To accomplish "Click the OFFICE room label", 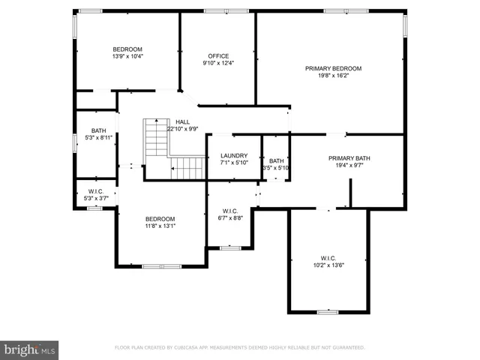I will click(x=218, y=56).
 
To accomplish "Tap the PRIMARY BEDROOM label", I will click(x=333, y=68).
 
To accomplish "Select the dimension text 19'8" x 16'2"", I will click(x=333, y=76).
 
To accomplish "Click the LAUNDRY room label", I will click(x=233, y=156).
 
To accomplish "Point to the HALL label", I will click(x=182, y=121).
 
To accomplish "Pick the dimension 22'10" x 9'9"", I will click(x=182, y=129).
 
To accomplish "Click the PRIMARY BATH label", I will click(x=349, y=158).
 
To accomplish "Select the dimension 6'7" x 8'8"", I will click(x=230, y=217).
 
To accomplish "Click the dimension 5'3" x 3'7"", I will click(x=95, y=198).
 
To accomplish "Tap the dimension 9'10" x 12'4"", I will click(x=218, y=64).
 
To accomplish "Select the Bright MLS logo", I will click(x=30, y=349).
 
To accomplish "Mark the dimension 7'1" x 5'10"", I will click(x=233, y=163).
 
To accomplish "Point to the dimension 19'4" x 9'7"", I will click(x=349, y=166).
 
